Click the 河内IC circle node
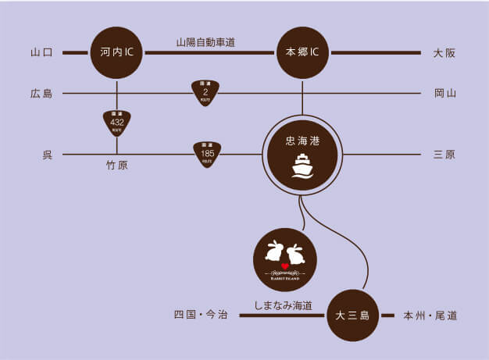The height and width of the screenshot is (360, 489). [x=117, y=53]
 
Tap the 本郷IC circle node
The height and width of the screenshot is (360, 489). [x=302, y=53]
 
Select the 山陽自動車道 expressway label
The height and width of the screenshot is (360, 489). [x=205, y=41]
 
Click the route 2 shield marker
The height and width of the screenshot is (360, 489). [x=205, y=92]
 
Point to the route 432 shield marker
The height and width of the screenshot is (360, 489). [x=117, y=123]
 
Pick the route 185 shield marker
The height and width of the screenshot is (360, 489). [x=207, y=154]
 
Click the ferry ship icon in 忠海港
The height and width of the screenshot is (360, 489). [x=302, y=166]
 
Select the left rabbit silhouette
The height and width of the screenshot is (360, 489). [x=273, y=251]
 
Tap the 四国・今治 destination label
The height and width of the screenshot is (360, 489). [x=200, y=315]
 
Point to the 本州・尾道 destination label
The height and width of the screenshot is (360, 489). [x=430, y=315]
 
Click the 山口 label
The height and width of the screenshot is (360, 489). [x=41, y=53]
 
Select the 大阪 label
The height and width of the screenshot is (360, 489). [x=444, y=53]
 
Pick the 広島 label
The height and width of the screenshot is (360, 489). [x=41, y=94]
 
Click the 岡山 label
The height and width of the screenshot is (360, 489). [x=444, y=94]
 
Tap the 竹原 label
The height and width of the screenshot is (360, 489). [x=117, y=166]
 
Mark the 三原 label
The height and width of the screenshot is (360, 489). [x=444, y=155]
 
